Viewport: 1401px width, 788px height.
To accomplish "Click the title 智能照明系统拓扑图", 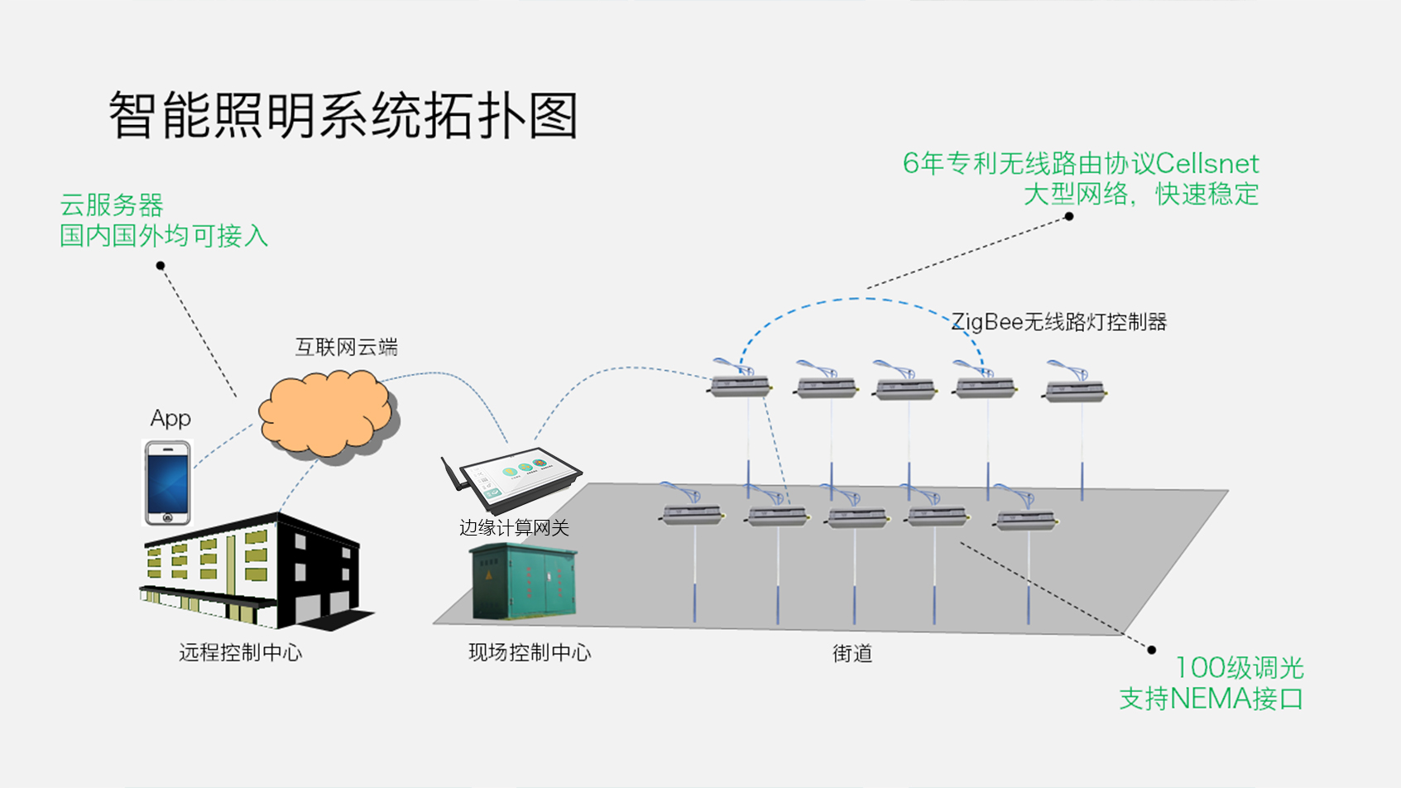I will click(343, 115).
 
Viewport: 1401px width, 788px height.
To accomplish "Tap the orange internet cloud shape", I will click(326, 415).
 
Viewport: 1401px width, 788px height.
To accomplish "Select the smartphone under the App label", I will click(168, 483).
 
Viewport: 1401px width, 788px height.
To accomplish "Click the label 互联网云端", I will click(346, 347).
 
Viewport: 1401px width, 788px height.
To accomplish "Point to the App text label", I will click(170, 419).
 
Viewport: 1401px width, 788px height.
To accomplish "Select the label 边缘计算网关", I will click(514, 528).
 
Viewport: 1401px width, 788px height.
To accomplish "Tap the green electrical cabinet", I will click(523, 583).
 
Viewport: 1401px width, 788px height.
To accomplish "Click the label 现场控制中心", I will click(530, 653).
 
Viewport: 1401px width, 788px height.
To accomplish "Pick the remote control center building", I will click(252, 571).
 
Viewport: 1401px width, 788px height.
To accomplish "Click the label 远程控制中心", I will click(241, 653).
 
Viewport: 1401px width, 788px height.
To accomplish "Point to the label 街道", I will click(852, 654).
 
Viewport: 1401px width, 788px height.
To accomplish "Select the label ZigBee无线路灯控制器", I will click(1058, 322).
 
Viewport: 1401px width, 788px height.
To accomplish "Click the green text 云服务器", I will click(112, 205).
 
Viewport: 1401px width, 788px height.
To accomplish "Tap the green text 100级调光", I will click(1239, 668).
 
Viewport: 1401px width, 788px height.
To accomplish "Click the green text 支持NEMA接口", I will click(1211, 699).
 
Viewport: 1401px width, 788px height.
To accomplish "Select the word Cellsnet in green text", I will click(1207, 164).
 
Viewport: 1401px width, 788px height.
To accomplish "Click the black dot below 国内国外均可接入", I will click(161, 266).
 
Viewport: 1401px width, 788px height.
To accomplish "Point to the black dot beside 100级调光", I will click(1151, 650).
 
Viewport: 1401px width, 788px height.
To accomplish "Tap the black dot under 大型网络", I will click(1069, 217).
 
